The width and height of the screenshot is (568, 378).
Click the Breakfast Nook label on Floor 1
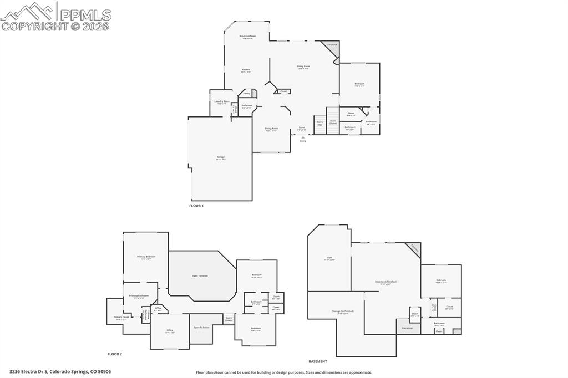click(x=247, y=37)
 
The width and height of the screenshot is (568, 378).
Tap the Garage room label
click(x=221, y=158)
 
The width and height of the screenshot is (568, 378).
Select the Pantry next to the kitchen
click(x=246, y=94)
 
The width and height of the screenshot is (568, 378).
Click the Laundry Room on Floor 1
click(x=222, y=102)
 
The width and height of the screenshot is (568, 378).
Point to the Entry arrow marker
click(x=303, y=138)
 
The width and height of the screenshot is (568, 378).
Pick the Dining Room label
click(x=271, y=129)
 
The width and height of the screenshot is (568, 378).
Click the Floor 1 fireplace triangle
click(x=333, y=47)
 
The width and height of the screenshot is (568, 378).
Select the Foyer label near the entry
click(x=302, y=128)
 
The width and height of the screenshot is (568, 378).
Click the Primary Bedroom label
click(x=146, y=258)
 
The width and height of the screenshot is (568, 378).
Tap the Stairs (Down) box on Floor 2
click(x=229, y=319)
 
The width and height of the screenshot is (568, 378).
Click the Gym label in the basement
click(x=329, y=259)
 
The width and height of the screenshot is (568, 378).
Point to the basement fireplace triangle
click(x=414, y=249)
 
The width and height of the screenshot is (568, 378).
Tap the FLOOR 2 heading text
click(x=115, y=354)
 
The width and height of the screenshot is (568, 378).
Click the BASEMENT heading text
click(x=318, y=361)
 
